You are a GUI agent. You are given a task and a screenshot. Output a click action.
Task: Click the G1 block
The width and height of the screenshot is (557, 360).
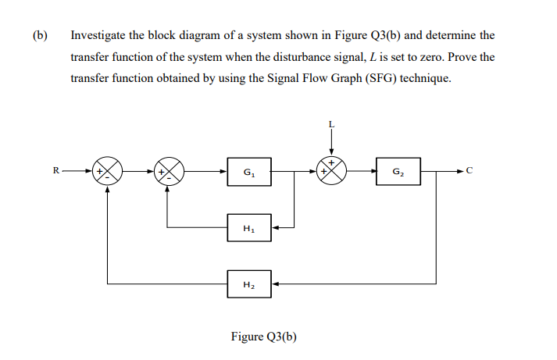(248, 171)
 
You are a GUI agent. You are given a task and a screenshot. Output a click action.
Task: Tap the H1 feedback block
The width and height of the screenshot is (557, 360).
(248, 228)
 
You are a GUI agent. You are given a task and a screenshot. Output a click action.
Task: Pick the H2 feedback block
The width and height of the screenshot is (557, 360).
(248, 284)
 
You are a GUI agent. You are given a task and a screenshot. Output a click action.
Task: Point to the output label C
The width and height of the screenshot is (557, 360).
(470, 171)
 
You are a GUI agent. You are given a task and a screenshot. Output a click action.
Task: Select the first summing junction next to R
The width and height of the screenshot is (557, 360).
(108, 171)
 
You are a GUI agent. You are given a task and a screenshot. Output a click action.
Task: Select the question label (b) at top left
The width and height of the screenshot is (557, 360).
(40, 36)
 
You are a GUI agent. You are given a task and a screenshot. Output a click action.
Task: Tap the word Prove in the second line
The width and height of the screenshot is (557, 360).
(460, 58)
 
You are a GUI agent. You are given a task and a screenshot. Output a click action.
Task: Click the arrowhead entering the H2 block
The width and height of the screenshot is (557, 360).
(272, 284)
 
